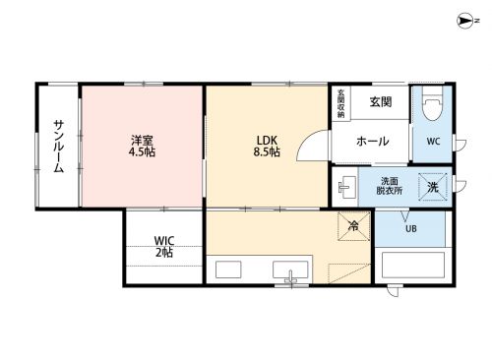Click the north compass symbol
pos(465,21)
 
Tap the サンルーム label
pos(59,147)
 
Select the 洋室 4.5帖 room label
pos(142,146)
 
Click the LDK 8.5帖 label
pos(267,146)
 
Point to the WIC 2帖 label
pos(164,247)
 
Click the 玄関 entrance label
pos(381,101)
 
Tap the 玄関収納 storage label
pos(341,103)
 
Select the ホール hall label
pos(372,142)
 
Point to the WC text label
pos(433,142)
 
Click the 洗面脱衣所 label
pos(390,186)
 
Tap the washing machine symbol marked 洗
pos(433,187)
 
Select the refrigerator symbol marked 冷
pos(354,226)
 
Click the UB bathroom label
pos(411,228)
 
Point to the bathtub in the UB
pos(413,265)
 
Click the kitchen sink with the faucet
pos(290,270)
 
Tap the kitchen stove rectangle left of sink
pos(228,270)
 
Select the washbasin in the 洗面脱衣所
pos(346,187)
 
